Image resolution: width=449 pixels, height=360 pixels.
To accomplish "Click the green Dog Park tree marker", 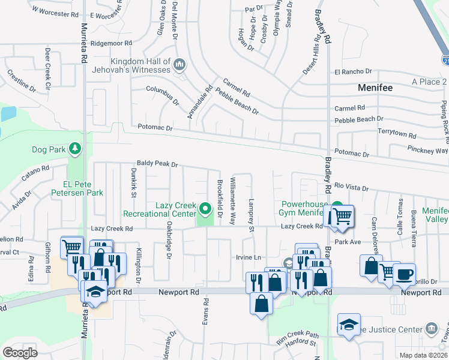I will pyautogui.click(x=74, y=148).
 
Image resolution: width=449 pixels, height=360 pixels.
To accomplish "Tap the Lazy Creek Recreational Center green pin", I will pyautogui.click(x=206, y=209).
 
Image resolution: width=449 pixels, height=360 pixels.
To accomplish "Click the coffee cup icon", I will pyautogui.click(x=404, y=274).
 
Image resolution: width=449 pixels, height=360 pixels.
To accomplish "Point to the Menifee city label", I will pyautogui.click(x=375, y=88).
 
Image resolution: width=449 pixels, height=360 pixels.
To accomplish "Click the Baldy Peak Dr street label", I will pyautogui.click(x=157, y=164).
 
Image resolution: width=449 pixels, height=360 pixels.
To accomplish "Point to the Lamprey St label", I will pyautogui.click(x=252, y=214).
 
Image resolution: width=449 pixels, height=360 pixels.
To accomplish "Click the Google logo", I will pyautogui.click(x=20, y=353).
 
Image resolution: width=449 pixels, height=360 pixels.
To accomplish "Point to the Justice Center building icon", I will pyautogui.click(x=431, y=328).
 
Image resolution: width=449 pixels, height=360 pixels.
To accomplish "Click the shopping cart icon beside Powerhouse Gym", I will pyautogui.click(x=342, y=216).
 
